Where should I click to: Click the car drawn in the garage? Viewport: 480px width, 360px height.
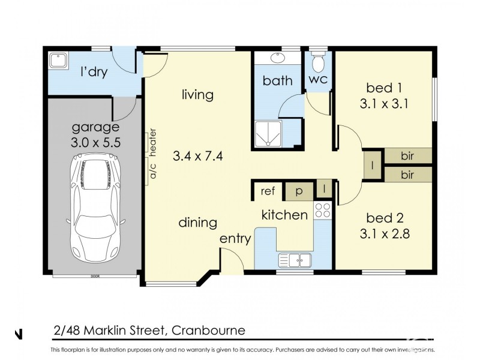tap(96, 205)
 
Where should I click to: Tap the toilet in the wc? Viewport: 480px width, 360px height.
tap(319, 61)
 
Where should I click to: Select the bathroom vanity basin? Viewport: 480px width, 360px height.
tap(278, 59)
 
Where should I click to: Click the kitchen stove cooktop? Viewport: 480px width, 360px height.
tap(323, 210)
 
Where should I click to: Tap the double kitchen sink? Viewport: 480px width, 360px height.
tap(295, 260)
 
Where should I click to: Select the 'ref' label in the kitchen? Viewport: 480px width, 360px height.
tap(268, 191)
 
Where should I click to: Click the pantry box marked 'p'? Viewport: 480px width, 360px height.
tap(299, 191)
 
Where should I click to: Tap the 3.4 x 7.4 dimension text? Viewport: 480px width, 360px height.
tap(198, 157)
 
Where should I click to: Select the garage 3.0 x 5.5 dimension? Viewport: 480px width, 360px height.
tap(95, 143)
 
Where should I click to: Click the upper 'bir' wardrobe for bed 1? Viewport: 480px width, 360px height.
tap(407, 156)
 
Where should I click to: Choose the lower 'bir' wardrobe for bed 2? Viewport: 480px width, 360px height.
tap(407, 175)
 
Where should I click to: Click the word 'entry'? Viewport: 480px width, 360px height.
tap(235, 238)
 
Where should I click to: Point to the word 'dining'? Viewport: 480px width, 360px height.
tap(197, 223)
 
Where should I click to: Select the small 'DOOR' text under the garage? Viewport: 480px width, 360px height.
tap(95, 277)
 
